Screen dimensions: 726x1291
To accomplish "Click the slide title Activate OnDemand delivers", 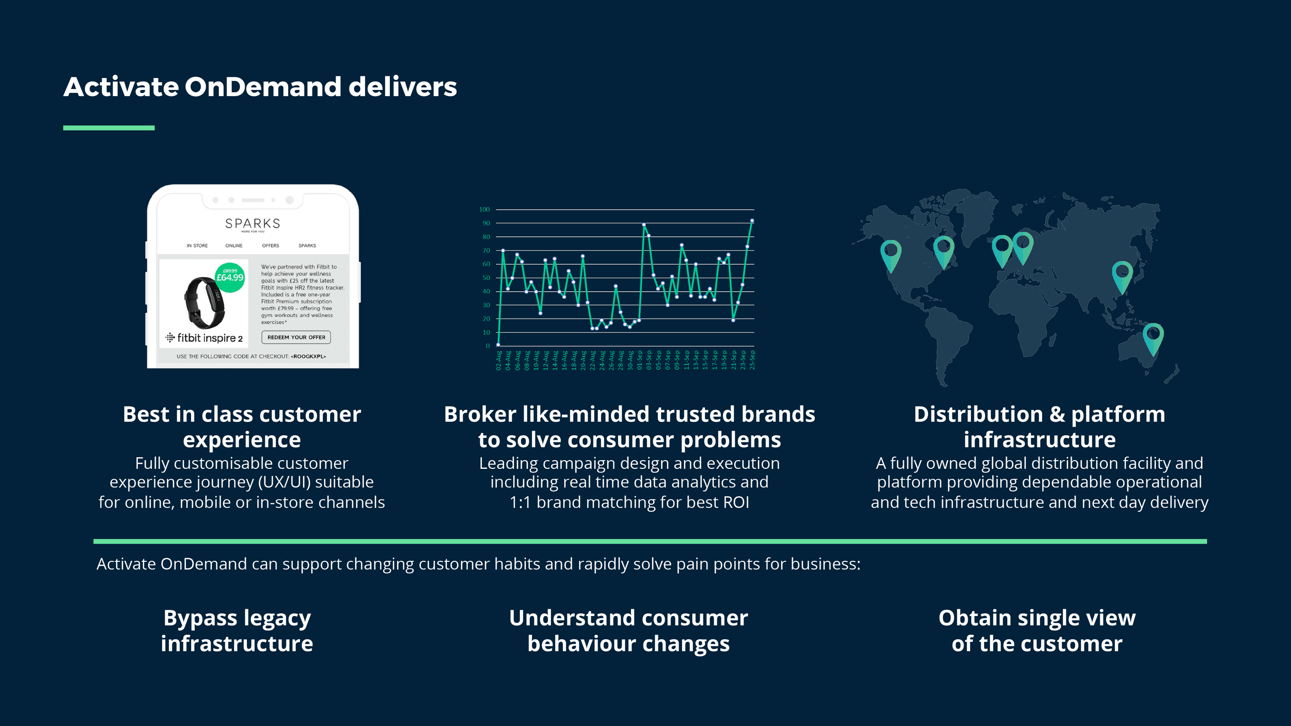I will click(x=260, y=87).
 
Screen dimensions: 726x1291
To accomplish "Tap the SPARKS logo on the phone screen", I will click(x=253, y=224).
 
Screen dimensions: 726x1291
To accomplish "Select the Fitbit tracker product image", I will click(x=205, y=303).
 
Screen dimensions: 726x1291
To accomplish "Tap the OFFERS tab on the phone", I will click(x=270, y=246).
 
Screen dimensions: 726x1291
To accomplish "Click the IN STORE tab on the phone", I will click(x=197, y=246).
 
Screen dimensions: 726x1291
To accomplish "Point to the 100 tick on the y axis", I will click(x=484, y=210).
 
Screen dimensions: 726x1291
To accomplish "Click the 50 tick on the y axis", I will click(x=486, y=278).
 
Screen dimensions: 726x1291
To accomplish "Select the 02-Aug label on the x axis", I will click(x=499, y=360).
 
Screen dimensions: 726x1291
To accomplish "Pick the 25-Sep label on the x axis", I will click(x=752, y=360).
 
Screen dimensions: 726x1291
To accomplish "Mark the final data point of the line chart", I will click(x=752, y=220).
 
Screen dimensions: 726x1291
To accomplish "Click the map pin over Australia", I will click(x=1153, y=338).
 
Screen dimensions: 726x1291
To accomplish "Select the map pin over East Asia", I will click(x=1122, y=276).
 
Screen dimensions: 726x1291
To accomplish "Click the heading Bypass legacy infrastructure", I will click(x=237, y=630).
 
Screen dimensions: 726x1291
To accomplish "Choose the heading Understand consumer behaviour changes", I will click(x=628, y=630).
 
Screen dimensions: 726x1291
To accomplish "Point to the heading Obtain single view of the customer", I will click(x=1037, y=630).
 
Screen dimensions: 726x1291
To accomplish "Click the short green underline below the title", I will click(x=109, y=128).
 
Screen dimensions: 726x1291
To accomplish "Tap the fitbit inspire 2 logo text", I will click(x=204, y=338).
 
